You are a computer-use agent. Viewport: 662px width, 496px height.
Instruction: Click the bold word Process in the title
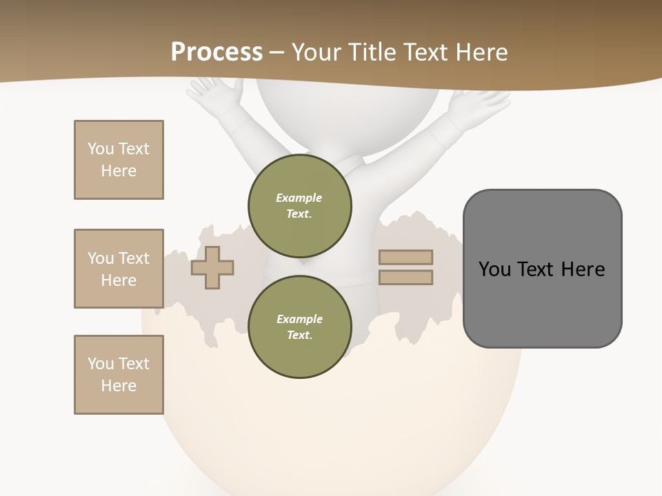click(217, 52)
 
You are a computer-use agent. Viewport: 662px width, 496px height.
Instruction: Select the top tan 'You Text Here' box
click(119, 160)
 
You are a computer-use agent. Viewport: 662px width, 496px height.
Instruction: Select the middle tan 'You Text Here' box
click(119, 269)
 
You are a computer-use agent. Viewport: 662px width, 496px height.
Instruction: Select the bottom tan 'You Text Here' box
click(119, 375)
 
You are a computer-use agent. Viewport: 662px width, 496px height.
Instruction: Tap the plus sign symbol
click(212, 268)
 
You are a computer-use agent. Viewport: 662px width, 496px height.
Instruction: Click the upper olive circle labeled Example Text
click(300, 205)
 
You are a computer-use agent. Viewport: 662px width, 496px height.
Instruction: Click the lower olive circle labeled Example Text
click(300, 327)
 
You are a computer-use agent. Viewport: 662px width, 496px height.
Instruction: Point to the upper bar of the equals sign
click(405, 257)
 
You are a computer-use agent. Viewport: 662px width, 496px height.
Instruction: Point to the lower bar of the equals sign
click(405, 278)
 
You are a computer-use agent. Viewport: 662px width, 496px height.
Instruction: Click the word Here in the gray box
click(583, 269)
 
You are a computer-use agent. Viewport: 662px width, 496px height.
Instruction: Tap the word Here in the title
click(481, 52)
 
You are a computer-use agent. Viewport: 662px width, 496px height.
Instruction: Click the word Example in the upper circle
click(299, 198)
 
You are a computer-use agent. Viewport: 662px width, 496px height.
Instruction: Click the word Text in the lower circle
click(299, 335)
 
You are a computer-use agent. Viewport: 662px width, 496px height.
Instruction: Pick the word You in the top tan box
click(100, 149)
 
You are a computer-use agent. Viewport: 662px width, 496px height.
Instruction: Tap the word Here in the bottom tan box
click(119, 386)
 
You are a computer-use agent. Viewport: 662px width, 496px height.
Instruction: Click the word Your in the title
click(317, 52)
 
